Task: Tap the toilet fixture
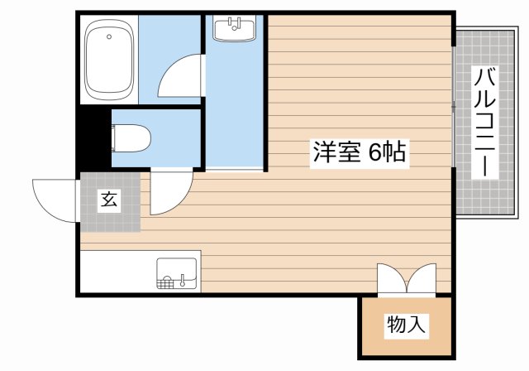click(129, 137)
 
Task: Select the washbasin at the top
click(235, 29)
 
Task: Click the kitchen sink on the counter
click(177, 273)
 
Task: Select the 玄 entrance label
click(109, 200)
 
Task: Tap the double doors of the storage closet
click(405, 278)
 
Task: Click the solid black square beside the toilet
click(93, 137)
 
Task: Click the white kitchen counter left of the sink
click(116, 272)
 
